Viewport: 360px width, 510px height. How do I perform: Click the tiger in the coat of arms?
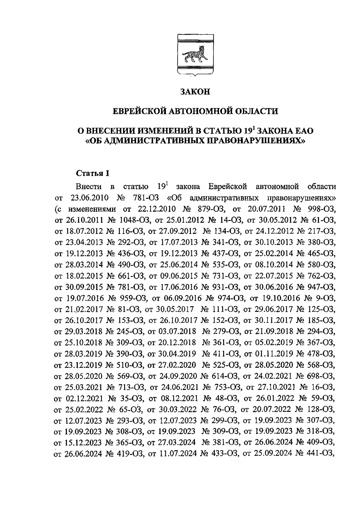[x=193, y=54]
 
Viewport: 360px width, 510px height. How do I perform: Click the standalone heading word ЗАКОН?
[x=195, y=92]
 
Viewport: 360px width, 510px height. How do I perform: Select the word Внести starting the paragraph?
[x=88, y=187]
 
